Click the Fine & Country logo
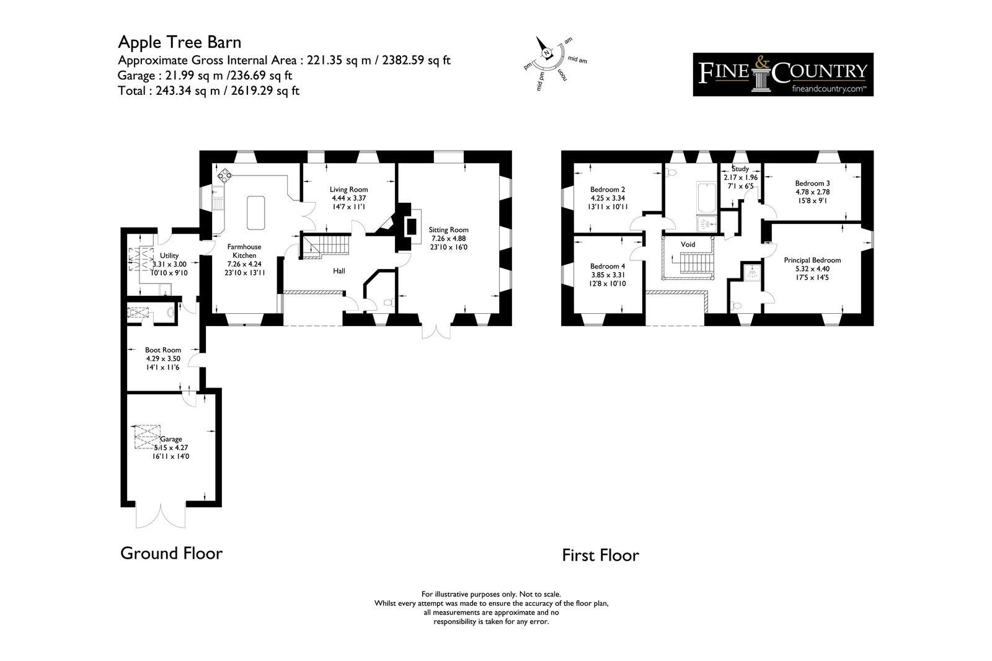(783, 74)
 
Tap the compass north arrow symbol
(543, 48)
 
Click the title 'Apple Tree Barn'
(179, 43)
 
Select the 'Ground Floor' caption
(171, 553)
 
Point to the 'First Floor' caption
(601, 555)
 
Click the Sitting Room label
(449, 230)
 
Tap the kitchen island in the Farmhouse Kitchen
(256, 213)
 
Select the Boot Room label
(163, 350)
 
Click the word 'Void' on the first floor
(688, 244)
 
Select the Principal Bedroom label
(812, 260)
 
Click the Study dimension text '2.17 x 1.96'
(740, 177)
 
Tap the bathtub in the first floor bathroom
(706, 197)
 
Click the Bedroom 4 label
(608, 266)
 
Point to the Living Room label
(348, 190)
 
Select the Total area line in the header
(208, 91)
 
